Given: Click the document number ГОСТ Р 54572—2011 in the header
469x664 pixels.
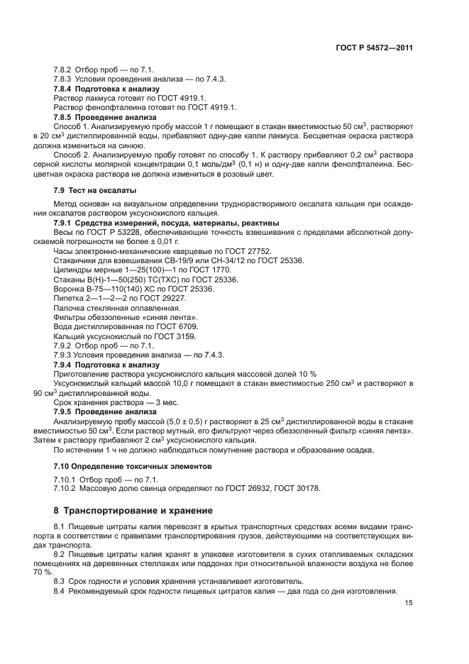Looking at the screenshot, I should coord(374,48).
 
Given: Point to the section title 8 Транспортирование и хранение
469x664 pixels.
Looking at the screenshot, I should coord(133,511).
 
